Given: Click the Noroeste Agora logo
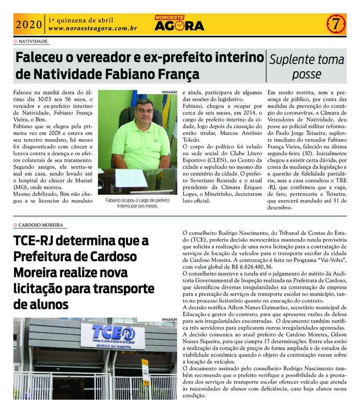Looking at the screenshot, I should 179,23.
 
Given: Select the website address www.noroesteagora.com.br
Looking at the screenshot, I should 93,29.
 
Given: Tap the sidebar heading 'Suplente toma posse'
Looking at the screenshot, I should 307,67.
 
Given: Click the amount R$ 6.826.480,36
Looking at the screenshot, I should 227,267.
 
